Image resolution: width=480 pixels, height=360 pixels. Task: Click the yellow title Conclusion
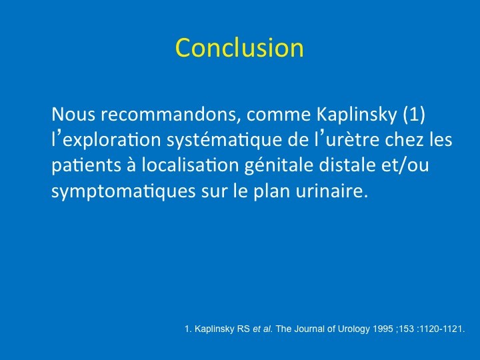point(239,47)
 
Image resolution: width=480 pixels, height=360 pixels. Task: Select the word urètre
point(353,140)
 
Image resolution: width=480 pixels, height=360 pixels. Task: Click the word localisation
point(190,165)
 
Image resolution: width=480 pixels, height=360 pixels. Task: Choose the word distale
point(347,165)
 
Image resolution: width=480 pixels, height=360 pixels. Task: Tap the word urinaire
point(331,191)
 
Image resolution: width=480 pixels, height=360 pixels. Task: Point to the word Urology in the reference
point(354,329)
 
